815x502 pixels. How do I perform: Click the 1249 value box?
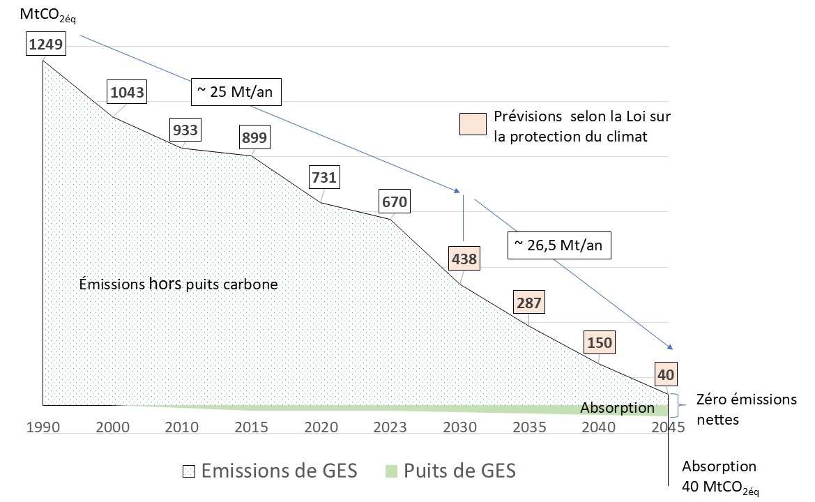tap(46, 46)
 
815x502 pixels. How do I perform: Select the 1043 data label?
tap(128, 92)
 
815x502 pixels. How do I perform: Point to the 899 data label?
tap(254, 137)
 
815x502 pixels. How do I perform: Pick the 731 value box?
tap(323, 177)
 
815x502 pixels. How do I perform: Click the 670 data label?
tap(393, 203)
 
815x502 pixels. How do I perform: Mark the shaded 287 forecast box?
tap(529, 303)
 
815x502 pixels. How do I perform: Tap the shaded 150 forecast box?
tap(599, 344)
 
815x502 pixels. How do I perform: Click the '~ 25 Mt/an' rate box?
tap(237, 91)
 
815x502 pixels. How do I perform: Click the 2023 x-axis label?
tap(391, 427)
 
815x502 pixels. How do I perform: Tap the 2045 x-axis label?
tap(667, 427)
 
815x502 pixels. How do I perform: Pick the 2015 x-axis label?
tap(252, 427)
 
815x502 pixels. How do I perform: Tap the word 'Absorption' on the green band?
tap(617, 409)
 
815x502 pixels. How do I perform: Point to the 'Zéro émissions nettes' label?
tap(747, 410)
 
